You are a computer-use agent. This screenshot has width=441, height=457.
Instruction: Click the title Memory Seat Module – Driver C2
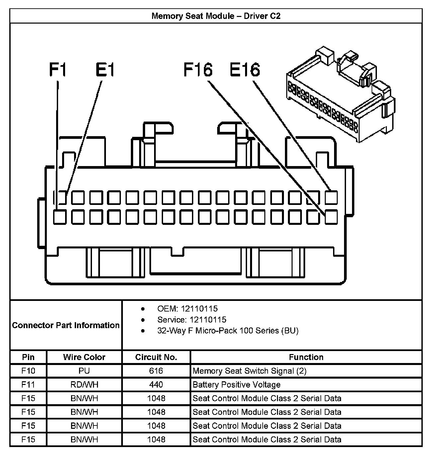[216, 16]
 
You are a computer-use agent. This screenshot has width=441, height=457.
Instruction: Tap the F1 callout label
[58, 70]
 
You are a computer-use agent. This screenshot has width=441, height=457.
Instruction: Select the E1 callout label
[105, 70]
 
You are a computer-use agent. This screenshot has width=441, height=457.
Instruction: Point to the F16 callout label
[198, 70]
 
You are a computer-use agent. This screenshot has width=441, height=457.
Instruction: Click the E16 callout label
[245, 70]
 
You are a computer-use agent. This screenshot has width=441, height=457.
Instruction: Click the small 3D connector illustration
[340, 96]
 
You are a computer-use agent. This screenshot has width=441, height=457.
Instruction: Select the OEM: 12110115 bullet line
[187, 309]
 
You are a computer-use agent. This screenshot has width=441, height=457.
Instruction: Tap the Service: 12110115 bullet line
[192, 320]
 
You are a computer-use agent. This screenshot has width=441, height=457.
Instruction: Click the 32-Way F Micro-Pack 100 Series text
[228, 331]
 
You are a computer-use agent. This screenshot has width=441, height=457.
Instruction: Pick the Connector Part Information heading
[66, 325]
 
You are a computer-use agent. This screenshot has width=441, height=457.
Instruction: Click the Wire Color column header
[84, 357]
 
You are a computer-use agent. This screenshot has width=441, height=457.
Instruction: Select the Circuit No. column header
[156, 357]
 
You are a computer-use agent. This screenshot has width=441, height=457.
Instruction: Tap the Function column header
[306, 357]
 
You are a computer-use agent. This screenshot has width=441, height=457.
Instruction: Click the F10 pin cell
[28, 371]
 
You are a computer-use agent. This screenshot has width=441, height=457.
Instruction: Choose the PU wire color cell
[84, 371]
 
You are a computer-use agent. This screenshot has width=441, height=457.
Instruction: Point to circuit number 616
[156, 371]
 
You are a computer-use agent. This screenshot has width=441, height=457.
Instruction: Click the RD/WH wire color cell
[84, 385]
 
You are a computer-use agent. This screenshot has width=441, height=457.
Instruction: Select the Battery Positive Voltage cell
[236, 385]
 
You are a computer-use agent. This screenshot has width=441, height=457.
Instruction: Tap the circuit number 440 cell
[156, 385]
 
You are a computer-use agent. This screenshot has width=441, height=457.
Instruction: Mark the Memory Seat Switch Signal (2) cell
[249, 371]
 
